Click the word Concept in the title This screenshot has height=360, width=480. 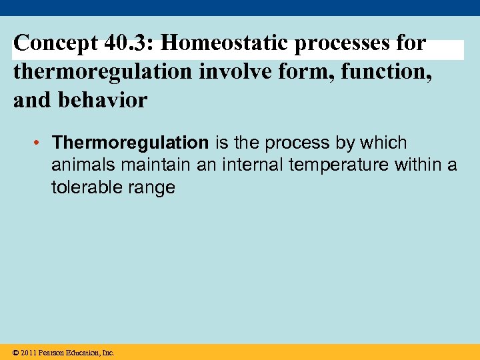tap(55, 43)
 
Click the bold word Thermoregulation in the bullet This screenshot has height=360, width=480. tap(130, 143)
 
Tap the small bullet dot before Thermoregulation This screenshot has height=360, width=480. tap(40, 143)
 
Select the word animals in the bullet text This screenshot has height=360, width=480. tap(84, 165)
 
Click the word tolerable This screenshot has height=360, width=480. tap(84, 187)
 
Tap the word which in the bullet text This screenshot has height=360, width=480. tap(384, 143)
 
